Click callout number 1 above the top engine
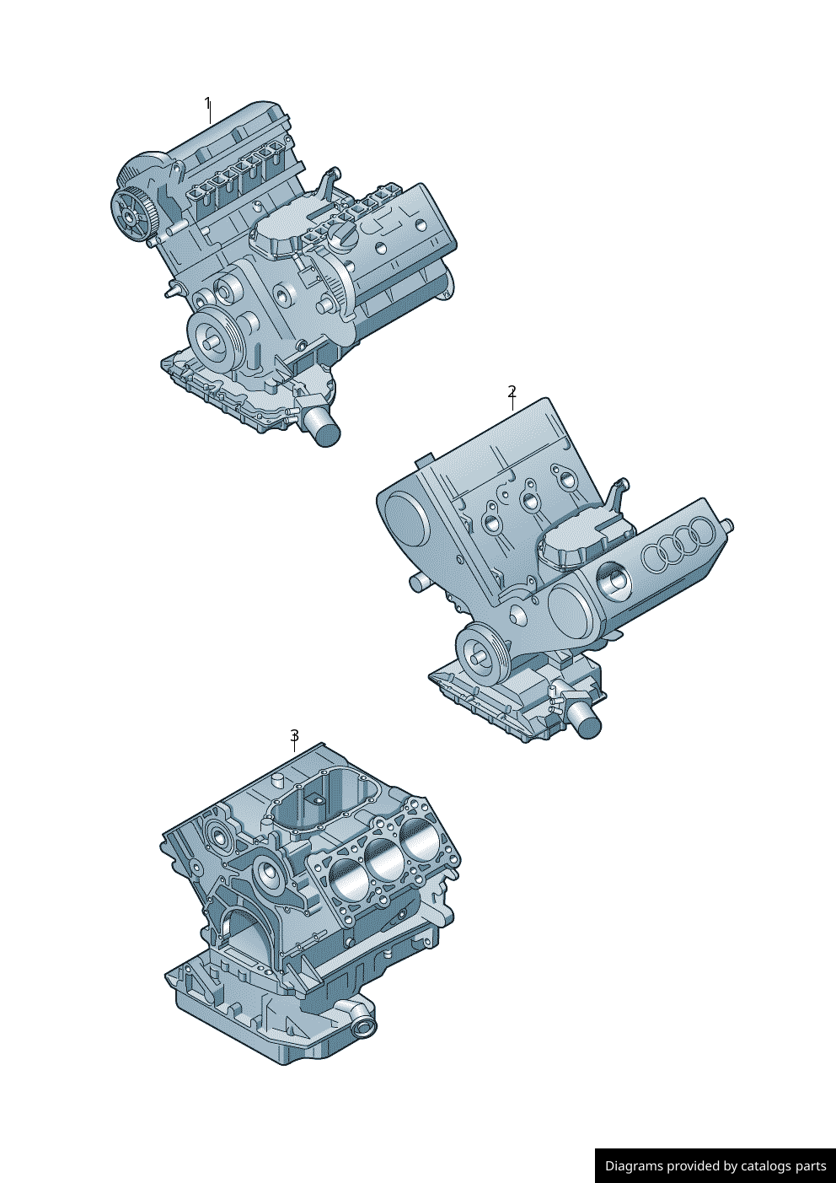click(x=208, y=103)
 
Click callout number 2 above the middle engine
click(x=512, y=391)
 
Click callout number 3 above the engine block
click(x=294, y=734)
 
